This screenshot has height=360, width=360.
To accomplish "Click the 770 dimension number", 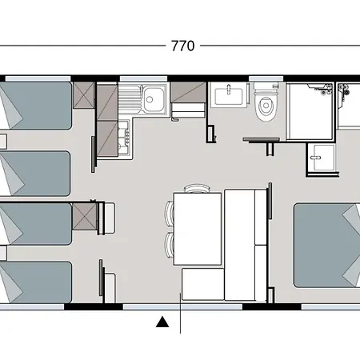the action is (x=183, y=46).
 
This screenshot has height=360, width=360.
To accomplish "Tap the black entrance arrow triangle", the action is (x=162, y=322).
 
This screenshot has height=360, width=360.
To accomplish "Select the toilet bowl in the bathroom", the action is (x=266, y=106).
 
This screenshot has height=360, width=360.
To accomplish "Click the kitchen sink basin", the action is (x=154, y=99).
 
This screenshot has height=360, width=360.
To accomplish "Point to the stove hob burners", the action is (x=124, y=137).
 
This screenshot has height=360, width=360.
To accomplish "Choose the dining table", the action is (x=198, y=229).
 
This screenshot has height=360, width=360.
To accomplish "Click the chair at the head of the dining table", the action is (x=197, y=188).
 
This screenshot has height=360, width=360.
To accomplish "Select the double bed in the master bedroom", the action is (x=327, y=246).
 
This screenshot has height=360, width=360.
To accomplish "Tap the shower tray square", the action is (x=310, y=110).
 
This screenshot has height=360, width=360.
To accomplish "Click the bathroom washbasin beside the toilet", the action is (x=229, y=95).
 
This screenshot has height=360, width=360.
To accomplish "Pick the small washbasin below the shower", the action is (x=323, y=158).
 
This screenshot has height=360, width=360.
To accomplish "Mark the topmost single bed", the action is (x=36, y=106).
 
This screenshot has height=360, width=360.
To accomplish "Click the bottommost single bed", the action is (x=36, y=282).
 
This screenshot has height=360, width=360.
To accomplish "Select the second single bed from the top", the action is (x=35, y=174).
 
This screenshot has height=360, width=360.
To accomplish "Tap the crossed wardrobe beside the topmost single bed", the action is (x=84, y=95).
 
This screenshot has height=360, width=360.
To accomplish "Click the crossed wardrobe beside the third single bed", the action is (x=84, y=217).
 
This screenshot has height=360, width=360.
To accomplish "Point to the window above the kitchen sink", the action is (x=143, y=78).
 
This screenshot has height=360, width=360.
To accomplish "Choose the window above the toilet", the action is (x=266, y=78).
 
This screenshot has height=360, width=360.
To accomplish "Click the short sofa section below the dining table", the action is (x=203, y=284).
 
